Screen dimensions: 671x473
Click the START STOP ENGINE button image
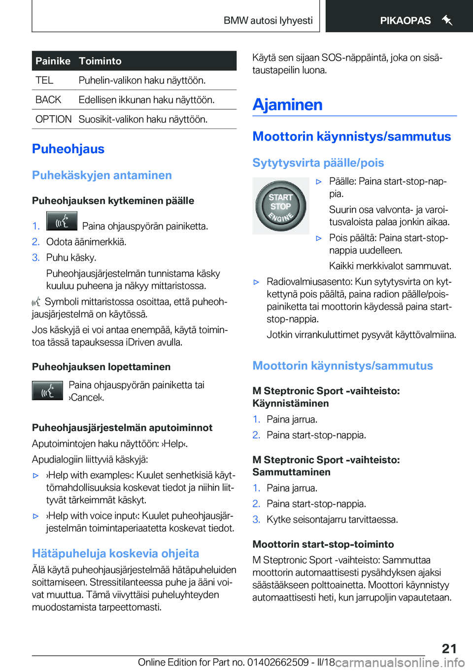281,206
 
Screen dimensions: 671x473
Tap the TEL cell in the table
44,80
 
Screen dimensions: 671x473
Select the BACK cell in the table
48,100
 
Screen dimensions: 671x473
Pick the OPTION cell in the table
53,119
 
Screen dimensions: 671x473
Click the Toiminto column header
100,61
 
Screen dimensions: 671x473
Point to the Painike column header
53,61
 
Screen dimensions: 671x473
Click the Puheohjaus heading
68,149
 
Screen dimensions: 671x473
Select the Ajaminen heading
287,104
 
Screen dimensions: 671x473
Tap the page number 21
449,648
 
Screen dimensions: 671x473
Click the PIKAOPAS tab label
405,21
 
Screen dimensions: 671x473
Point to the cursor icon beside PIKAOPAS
447,20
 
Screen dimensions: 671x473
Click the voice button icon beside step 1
62,221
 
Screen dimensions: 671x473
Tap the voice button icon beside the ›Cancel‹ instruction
47,391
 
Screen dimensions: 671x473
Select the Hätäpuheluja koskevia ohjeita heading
115,553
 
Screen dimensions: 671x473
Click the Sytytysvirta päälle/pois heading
318,163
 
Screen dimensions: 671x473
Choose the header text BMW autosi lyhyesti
268,21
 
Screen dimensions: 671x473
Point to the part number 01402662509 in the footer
278,662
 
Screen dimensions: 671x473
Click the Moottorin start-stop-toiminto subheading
323,544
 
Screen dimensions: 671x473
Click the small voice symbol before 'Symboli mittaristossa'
36,302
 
